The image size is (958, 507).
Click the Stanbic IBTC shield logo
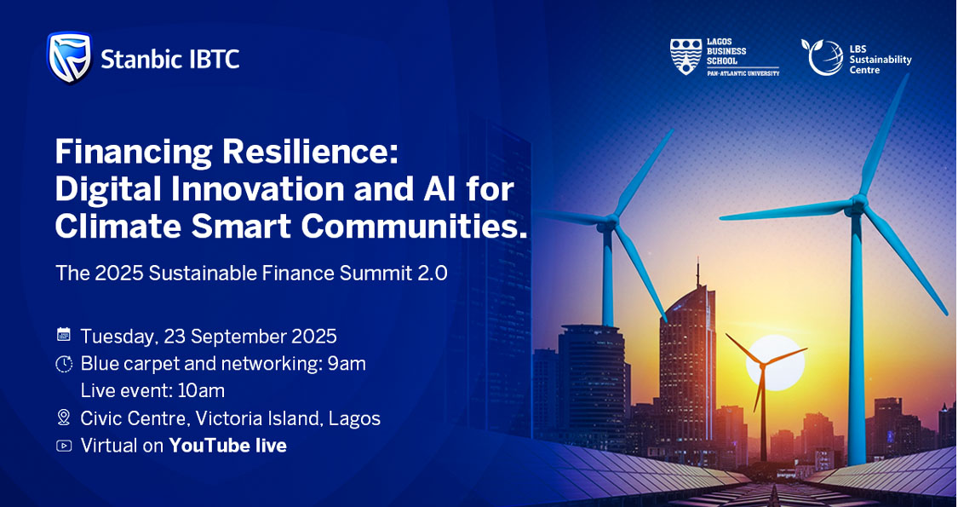click(x=70, y=57)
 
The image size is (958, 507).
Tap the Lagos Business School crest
click(x=686, y=57)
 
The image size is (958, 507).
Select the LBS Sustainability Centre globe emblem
click(x=822, y=57)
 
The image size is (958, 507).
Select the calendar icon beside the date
click(x=64, y=334)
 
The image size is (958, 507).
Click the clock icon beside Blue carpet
click(x=64, y=364)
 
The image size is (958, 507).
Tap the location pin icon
click(x=64, y=418)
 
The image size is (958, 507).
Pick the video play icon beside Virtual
click(x=64, y=446)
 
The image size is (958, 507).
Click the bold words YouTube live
click(x=228, y=446)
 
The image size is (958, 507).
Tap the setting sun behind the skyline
click(x=776, y=362)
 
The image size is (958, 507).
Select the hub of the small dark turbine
click(x=761, y=365)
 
